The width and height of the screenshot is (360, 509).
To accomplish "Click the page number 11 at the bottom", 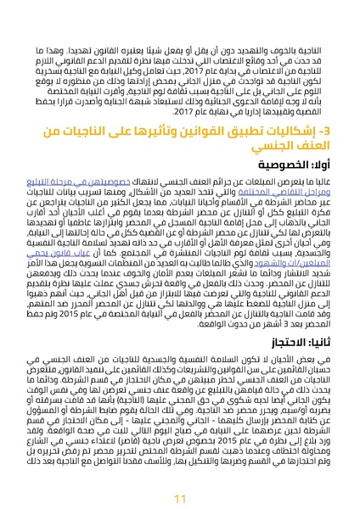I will tap(179, 474).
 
